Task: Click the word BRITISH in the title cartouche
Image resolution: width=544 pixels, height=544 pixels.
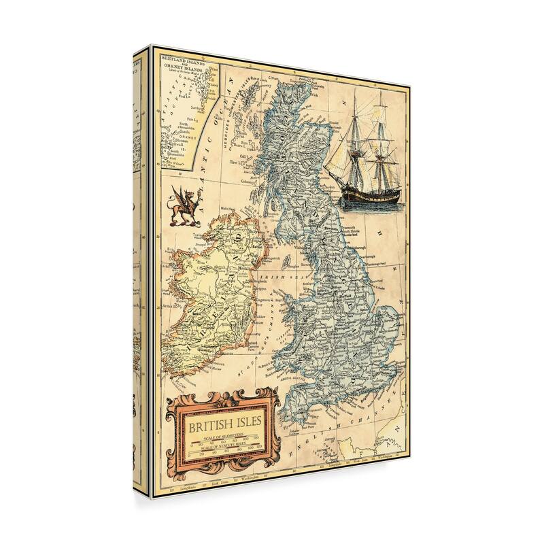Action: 205,428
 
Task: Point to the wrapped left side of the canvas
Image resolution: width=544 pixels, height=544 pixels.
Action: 139,272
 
